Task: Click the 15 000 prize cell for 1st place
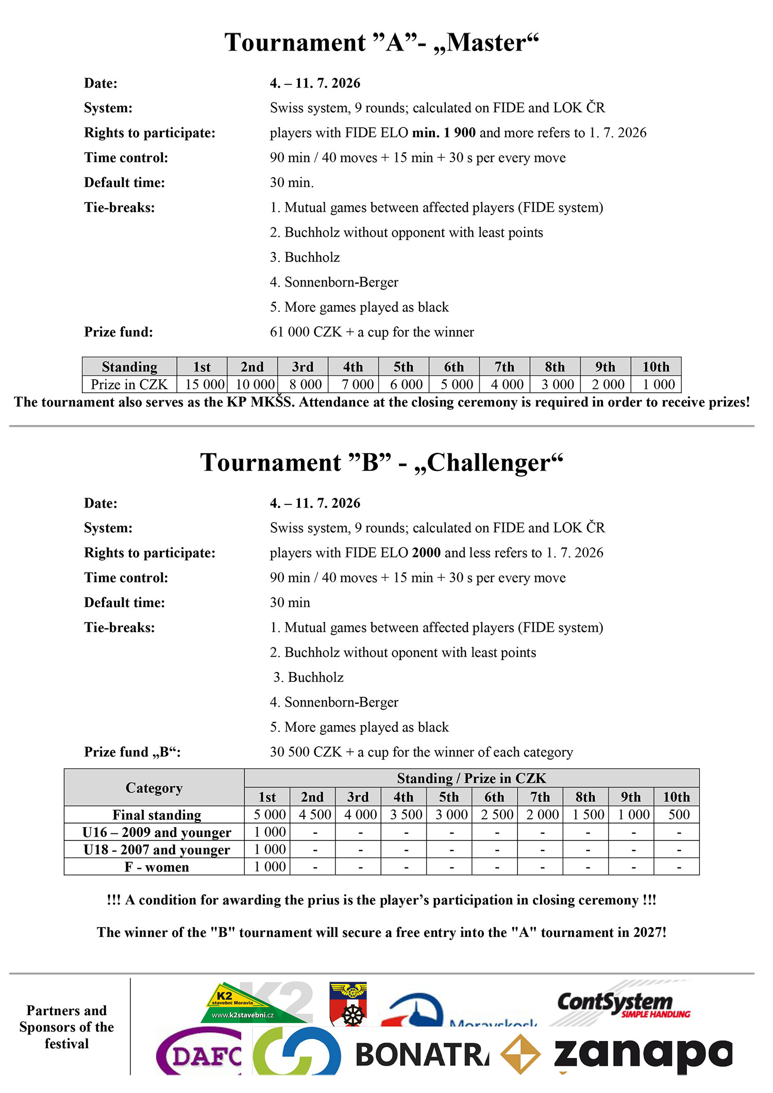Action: coord(205,384)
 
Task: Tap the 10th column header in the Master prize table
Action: coord(656,367)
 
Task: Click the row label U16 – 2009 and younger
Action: coord(157,832)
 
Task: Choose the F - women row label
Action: coord(157,867)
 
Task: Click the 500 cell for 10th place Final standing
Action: coord(679,815)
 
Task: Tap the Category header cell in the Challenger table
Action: coord(154,788)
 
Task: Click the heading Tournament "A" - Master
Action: coord(381,42)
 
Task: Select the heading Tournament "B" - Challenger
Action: coord(381,462)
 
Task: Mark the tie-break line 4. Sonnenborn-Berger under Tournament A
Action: coord(334,282)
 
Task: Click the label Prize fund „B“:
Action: coord(132,752)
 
